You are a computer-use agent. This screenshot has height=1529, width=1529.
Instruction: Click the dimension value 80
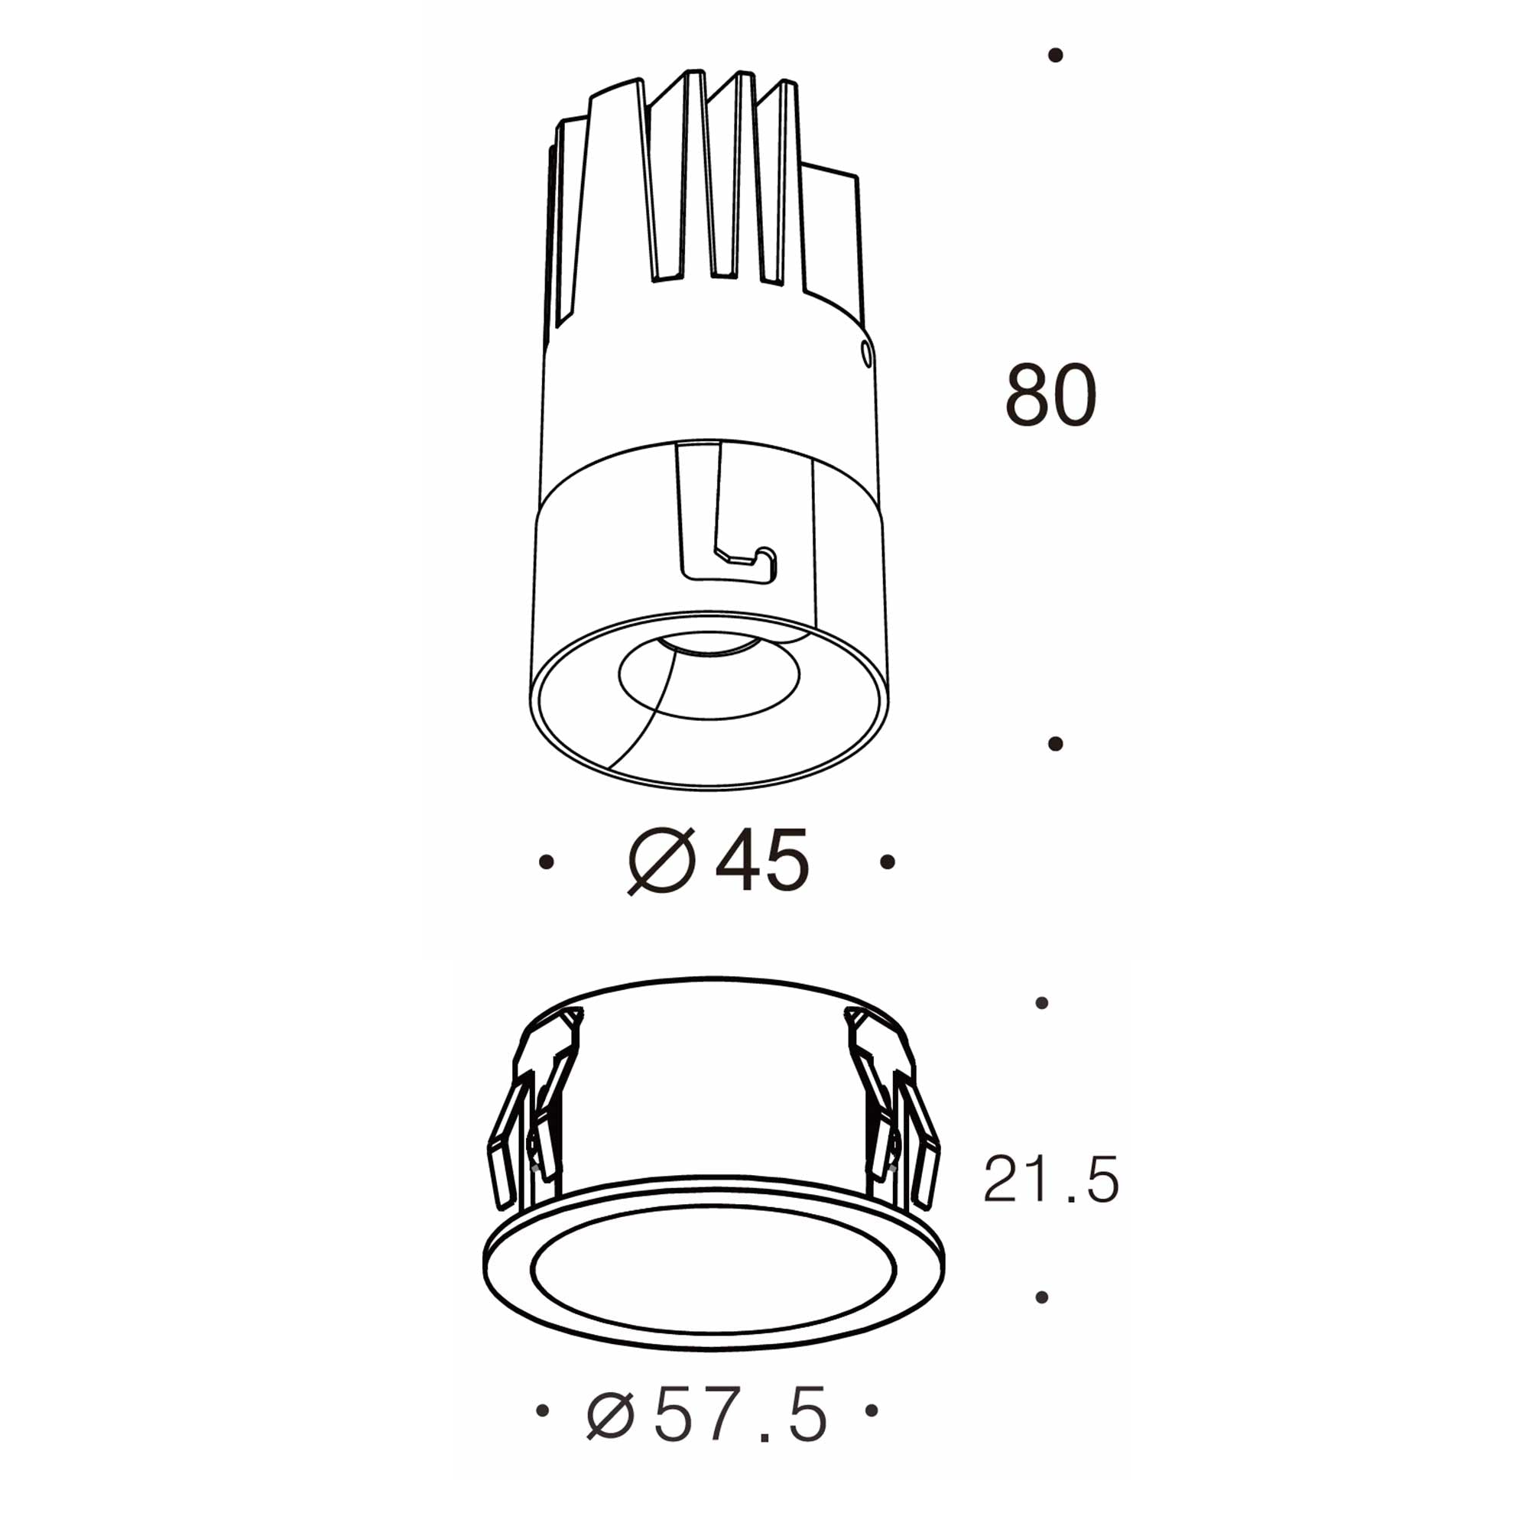pyautogui.click(x=1050, y=396)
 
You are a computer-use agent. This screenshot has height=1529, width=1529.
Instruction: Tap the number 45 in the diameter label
pyautogui.click(x=761, y=861)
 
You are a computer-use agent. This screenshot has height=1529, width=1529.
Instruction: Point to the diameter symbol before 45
pyautogui.click(x=661, y=861)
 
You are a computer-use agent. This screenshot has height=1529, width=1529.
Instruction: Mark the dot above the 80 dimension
pyautogui.click(x=1054, y=55)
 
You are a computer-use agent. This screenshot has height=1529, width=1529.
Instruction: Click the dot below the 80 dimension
pyautogui.click(x=1054, y=744)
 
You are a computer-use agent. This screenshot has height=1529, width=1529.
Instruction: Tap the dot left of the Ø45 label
pyautogui.click(x=545, y=862)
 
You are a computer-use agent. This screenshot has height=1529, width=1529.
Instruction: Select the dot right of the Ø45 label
pyautogui.click(x=887, y=862)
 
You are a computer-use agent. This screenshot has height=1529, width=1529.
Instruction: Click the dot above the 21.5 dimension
pyautogui.click(x=1041, y=1004)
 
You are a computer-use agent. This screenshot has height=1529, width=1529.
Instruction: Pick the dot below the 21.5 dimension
pyautogui.click(x=1041, y=1297)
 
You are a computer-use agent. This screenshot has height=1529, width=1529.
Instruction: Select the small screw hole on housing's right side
pyautogui.click(x=867, y=353)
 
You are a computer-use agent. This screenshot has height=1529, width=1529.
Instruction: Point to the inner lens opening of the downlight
pyautogui.click(x=709, y=677)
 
